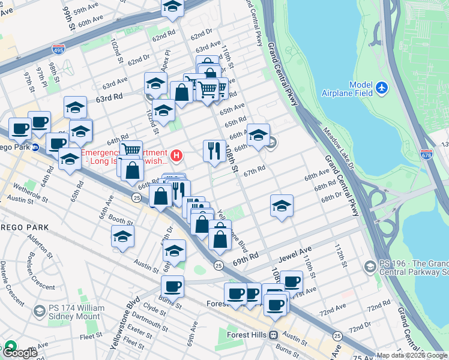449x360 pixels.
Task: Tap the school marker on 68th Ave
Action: [x=282, y=206]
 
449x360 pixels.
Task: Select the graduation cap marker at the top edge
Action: [x=173, y=6]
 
